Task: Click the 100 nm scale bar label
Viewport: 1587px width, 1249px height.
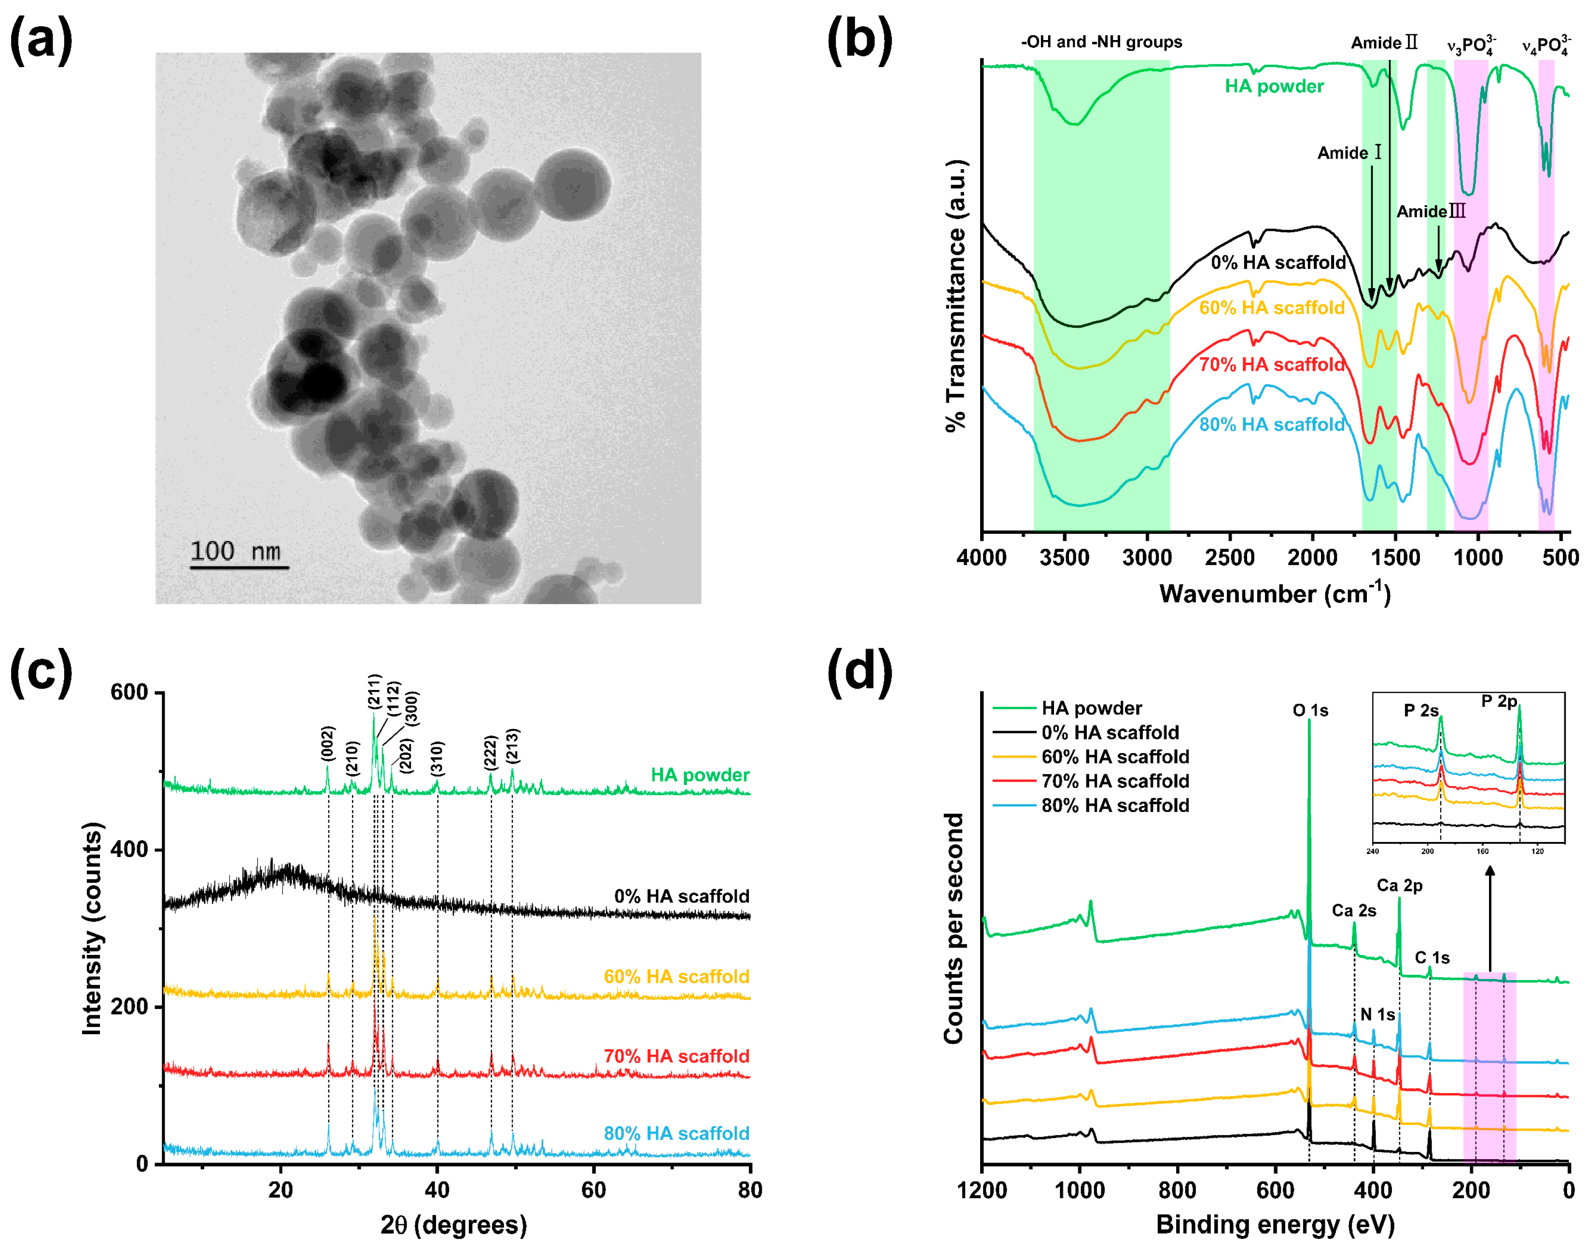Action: [x=236, y=551]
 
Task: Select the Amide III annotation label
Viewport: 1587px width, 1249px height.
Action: [x=1431, y=211]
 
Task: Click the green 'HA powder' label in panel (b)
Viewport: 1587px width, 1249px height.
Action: [x=1274, y=86]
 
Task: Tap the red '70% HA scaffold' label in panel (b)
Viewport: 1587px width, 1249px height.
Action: [x=1272, y=364]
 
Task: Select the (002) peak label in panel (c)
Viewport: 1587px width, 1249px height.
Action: [x=328, y=743]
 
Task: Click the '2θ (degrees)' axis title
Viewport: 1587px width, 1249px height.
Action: [x=453, y=1224]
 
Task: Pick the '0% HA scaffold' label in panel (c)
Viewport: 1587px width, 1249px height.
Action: [x=682, y=896]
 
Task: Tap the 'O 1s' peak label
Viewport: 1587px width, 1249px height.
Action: [x=1310, y=710]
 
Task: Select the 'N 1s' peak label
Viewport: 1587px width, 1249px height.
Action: [x=1377, y=1014]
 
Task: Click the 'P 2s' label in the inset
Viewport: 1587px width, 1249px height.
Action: [x=1421, y=710]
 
